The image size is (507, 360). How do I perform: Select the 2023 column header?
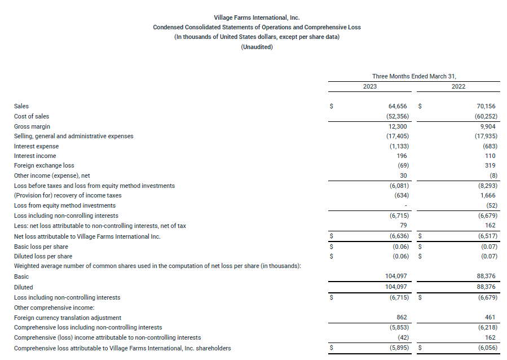[x=370, y=86]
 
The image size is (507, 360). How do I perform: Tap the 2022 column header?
[x=458, y=86]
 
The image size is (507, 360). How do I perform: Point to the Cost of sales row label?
[x=32, y=116]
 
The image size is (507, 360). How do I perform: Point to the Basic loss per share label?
[x=41, y=247]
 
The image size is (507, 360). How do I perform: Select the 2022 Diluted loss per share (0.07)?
[x=487, y=257]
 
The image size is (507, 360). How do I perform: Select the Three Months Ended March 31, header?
[x=414, y=76]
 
